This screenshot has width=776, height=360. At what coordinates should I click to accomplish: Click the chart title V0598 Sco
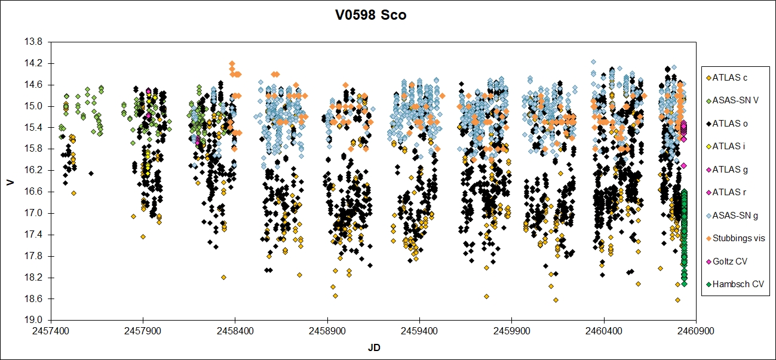[x=370, y=16]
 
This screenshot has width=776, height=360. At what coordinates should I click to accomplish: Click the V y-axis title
[x=10, y=181]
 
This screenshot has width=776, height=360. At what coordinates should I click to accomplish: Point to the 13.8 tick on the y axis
[x=35, y=42]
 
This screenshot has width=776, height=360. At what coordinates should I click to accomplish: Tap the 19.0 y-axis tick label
[x=35, y=320]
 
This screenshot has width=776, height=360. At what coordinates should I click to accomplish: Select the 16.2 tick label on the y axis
[x=35, y=170]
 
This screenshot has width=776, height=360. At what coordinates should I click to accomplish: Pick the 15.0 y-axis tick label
[x=35, y=106]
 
